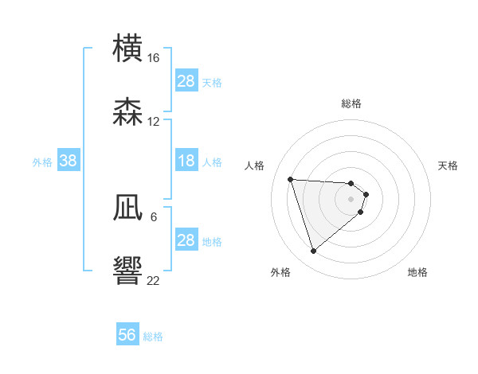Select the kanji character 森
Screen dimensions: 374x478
click(x=127, y=112)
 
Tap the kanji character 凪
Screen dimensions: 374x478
click(x=127, y=208)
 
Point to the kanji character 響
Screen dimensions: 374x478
click(x=127, y=271)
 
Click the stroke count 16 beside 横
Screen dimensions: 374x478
click(x=154, y=58)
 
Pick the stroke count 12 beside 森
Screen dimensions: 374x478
click(x=154, y=122)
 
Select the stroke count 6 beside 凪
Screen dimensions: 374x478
click(x=154, y=216)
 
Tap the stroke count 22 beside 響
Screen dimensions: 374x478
click(x=154, y=280)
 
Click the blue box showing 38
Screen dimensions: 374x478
click(x=69, y=162)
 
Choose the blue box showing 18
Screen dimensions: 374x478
click(x=186, y=162)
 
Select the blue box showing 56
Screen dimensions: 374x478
click(x=127, y=335)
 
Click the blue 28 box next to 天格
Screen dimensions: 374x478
click(x=186, y=81)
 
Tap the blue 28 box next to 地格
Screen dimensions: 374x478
click(x=186, y=240)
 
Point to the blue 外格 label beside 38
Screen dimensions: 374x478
click(x=42, y=162)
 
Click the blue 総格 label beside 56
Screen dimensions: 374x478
click(x=153, y=337)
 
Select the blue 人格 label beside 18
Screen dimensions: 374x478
click(x=212, y=162)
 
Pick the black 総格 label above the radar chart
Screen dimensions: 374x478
click(x=351, y=103)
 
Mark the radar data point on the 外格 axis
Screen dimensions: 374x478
click(x=313, y=251)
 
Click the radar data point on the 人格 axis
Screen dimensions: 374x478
click(x=291, y=179)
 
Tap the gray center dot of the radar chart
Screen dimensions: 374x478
click(x=351, y=198)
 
